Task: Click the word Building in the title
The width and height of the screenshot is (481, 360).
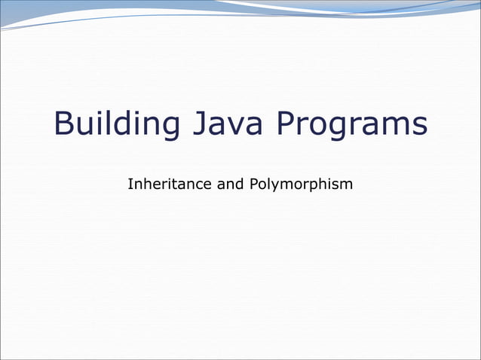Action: pos(116,124)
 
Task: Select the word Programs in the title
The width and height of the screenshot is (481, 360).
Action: pos(352,126)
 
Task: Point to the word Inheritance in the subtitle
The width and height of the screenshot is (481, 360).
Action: pos(170,183)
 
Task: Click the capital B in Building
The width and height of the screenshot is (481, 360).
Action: pos(63,124)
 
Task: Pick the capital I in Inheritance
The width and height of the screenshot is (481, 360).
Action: pos(130,183)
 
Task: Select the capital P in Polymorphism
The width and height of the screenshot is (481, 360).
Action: pos(252,183)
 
